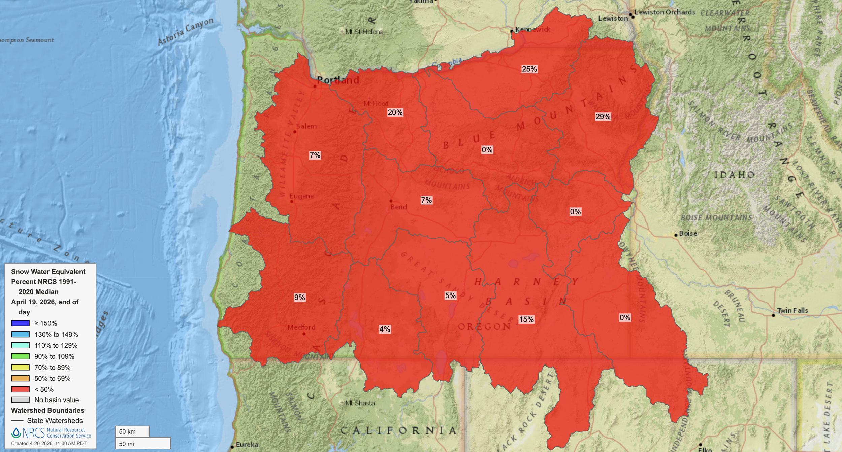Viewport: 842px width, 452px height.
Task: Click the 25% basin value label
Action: click(529, 69)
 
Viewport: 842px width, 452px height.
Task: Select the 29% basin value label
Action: click(603, 117)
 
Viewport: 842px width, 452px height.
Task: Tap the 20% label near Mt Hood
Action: click(395, 112)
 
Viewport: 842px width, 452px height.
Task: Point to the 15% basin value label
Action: click(526, 319)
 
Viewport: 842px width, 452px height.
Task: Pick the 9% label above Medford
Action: click(299, 297)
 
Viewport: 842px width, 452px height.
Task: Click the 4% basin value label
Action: click(385, 329)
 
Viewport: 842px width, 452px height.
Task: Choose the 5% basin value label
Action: click(450, 295)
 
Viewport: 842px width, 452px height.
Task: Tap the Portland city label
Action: click(338, 80)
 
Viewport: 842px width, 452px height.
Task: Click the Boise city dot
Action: click(676, 235)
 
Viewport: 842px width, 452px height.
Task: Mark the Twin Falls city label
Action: click(792, 310)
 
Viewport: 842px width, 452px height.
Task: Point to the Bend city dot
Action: click(391, 201)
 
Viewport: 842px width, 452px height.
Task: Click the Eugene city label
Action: click(301, 196)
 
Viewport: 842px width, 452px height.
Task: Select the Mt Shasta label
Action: click(360, 403)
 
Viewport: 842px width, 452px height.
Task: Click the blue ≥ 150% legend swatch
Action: click(20, 323)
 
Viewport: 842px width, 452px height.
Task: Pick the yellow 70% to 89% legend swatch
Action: click(20, 368)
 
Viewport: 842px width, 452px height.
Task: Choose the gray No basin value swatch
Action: click(20, 400)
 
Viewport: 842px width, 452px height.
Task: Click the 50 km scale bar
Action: click(132, 431)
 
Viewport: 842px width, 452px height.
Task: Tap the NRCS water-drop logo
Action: click(16, 433)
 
